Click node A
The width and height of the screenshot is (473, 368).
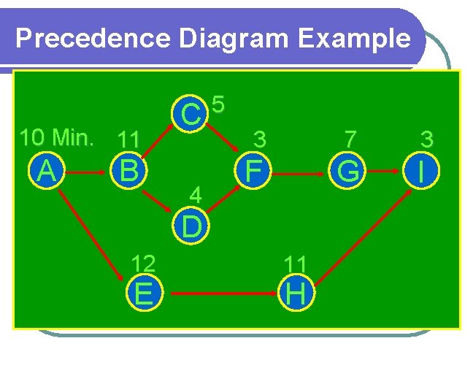tap(47, 172)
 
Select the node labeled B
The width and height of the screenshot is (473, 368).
tap(129, 172)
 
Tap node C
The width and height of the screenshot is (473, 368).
tap(191, 113)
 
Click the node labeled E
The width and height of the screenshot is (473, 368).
tap(144, 294)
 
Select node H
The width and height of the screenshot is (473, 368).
tap(296, 294)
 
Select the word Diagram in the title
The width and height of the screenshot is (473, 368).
tap(232, 39)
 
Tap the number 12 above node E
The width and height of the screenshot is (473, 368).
tap(143, 263)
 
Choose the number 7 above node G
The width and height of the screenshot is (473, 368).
tap(351, 137)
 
